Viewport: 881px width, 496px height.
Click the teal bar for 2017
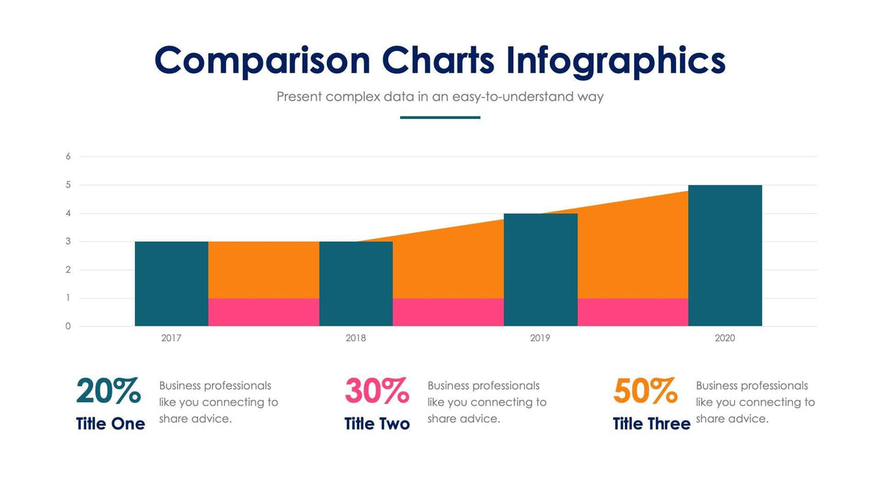(x=172, y=284)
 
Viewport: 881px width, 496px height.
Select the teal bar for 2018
(x=356, y=284)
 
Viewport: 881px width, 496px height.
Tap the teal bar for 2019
(x=540, y=270)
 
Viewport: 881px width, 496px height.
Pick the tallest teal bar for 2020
(x=725, y=255)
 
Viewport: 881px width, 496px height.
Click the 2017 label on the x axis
(x=172, y=339)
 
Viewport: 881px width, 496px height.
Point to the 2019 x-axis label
(x=540, y=339)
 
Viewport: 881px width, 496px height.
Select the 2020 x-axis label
(x=725, y=339)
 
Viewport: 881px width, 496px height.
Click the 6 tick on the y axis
(x=68, y=157)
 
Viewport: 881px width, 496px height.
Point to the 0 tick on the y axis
(x=68, y=326)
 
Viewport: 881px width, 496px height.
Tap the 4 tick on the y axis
(x=68, y=213)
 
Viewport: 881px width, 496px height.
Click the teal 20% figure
(x=109, y=391)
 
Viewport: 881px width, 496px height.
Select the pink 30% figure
(x=377, y=391)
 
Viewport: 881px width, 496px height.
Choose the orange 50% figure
(x=645, y=391)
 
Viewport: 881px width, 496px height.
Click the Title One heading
(x=110, y=424)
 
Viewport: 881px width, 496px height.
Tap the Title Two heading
(x=377, y=424)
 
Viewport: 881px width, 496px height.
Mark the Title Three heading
(x=651, y=424)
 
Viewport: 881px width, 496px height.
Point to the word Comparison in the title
(x=262, y=60)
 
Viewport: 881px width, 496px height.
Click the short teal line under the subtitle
(x=440, y=118)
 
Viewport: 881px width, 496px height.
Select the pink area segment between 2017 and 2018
(x=264, y=312)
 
